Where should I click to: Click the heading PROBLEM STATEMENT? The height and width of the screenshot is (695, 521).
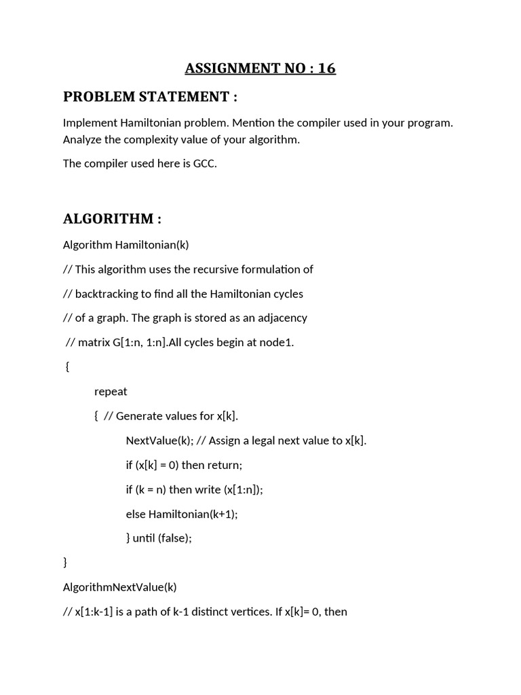click(150, 97)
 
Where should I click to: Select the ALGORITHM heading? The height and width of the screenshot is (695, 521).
click(112, 219)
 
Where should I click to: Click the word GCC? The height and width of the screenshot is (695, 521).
click(204, 164)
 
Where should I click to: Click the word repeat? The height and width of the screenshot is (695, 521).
click(111, 392)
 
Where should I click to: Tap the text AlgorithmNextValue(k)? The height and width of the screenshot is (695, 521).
click(119, 587)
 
